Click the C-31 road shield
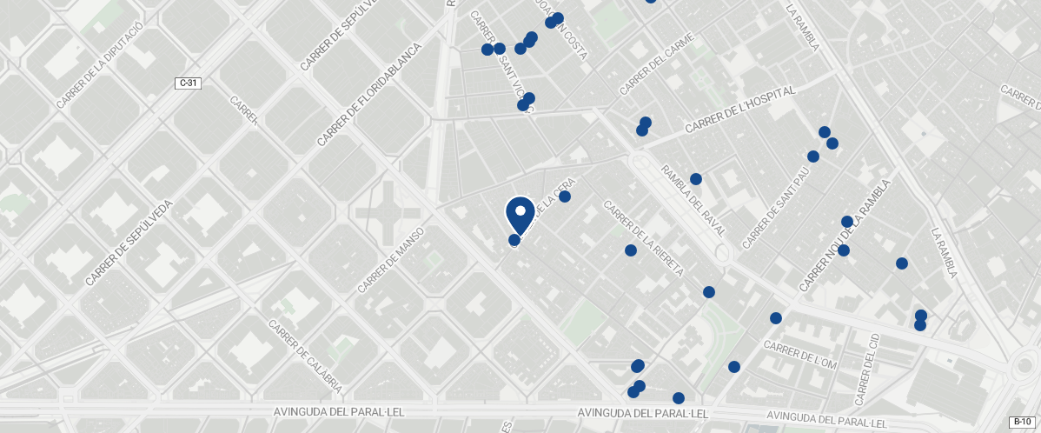188,83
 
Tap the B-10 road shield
1021,423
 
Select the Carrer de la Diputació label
99,77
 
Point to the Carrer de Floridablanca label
368,95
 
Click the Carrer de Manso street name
390,260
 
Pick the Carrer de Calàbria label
305,357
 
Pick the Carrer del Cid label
867,370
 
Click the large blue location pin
520,213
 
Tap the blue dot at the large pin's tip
514,240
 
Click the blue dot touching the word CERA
565,197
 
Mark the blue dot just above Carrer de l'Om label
776,318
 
